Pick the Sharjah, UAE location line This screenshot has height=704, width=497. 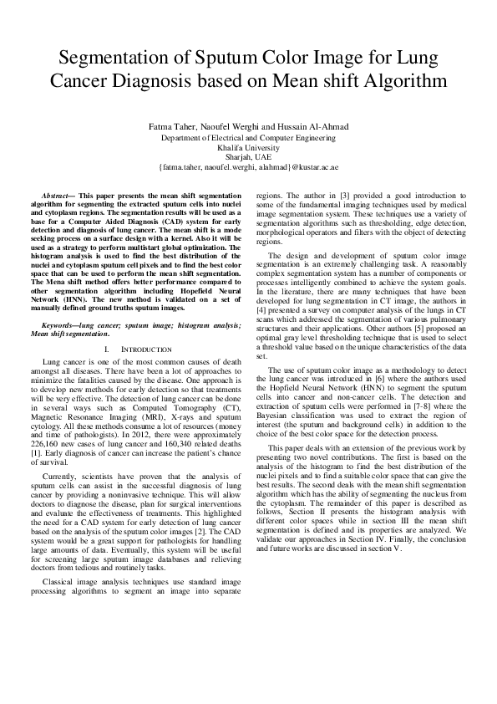pyautogui.click(x=248, y=156)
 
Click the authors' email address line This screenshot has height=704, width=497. pyautogui.click(x=248, y=166)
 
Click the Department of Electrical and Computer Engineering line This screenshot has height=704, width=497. pyautogui.click(x=248, y=136)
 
